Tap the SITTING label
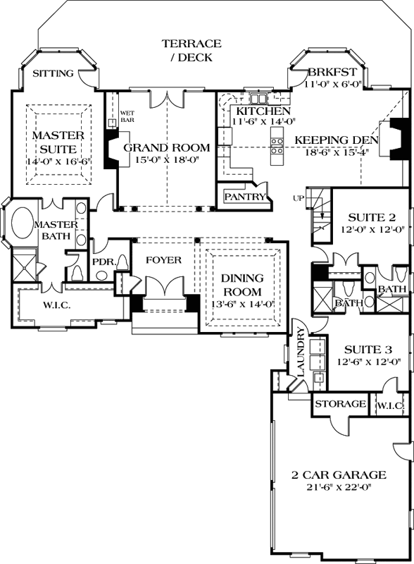(x=54, y=73)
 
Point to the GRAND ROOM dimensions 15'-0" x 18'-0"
(x=166, y=160)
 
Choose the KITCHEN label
(x=263, y=112)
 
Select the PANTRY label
(x=245, y=196)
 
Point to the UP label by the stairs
(x=298, y=197)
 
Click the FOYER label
(x=163, y=260)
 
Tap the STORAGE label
(x=339, y=405)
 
